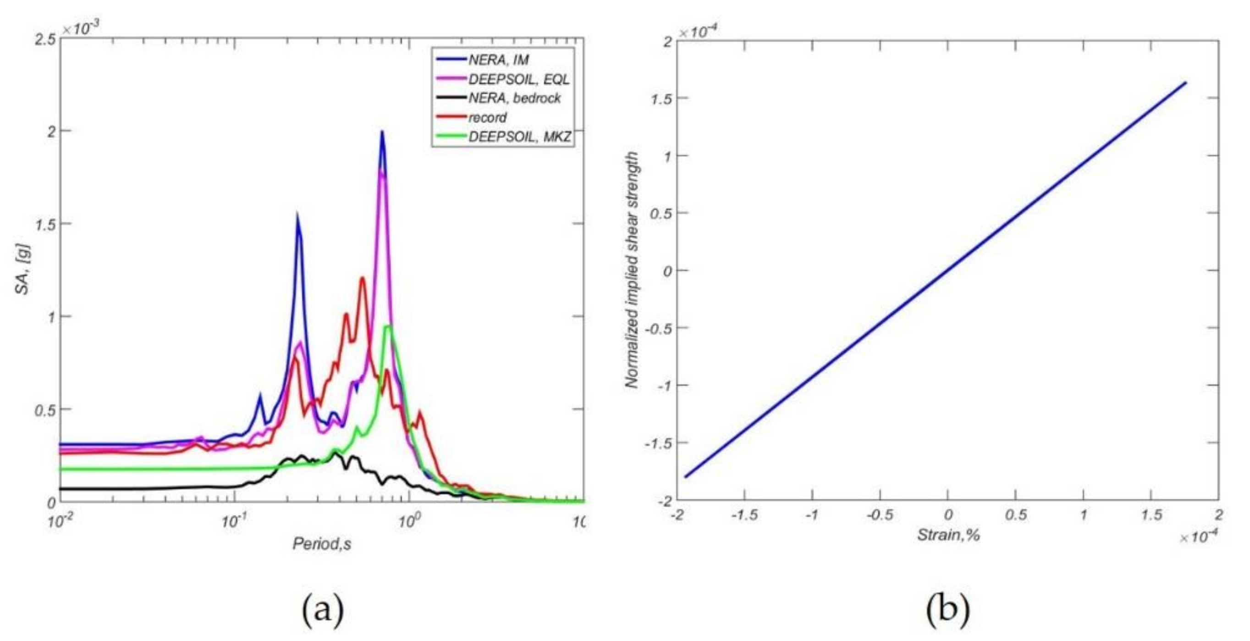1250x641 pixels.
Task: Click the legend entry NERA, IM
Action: [x=498, y=60]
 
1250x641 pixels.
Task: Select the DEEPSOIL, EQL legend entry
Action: [x=518, y=79]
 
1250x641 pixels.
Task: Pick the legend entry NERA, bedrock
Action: [x=514, y=98]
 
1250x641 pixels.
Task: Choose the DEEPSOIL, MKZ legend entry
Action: [x=519, y=137]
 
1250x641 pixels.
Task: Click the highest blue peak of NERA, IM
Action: [x=382, y=132]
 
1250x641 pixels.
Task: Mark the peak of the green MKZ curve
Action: [x=388, y=326]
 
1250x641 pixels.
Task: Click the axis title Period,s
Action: [x=321, y=544]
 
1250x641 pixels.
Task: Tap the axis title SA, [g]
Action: [x=23, y=270]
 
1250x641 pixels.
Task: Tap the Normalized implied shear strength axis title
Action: [x=631, y=270]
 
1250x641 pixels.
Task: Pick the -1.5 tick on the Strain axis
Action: [x=744, y=515]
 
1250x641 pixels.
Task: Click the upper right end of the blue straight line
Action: [x=1185, y=83]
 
